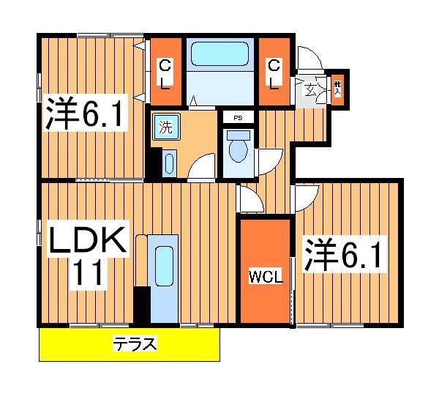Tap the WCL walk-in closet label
click(265, 278)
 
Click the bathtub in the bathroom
click(220, 56)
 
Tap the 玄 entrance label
click(310, 91)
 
